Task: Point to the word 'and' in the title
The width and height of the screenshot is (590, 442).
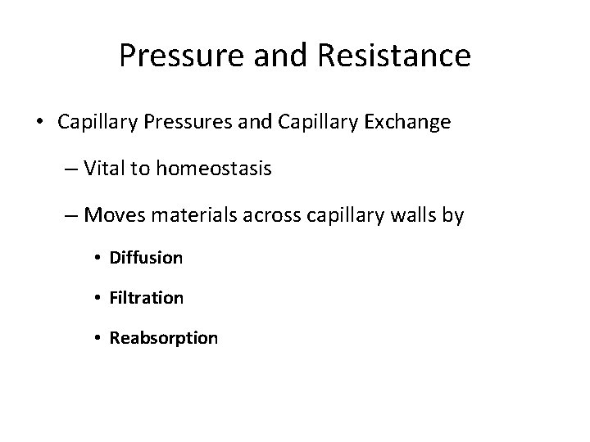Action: tap(273, 56)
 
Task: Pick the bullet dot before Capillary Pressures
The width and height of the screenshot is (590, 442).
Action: tap(41, 124)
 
